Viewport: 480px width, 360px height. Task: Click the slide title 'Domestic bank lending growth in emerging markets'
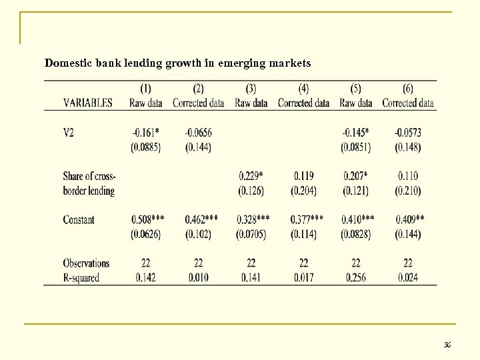pyautogui.click(x=177, y=63)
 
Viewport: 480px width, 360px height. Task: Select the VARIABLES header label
pyautogui.click(x=87, y=103)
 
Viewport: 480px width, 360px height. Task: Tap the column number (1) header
pyautogui.click(x=146, y=89)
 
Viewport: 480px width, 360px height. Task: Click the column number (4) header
pyautogui.click(x=303, y=89)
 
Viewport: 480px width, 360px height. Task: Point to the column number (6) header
pyautogui.click(x=408, y=89)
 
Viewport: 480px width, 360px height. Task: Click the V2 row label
pyautogui.click(x=69, y=133)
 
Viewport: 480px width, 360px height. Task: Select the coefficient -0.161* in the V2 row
pyautogui.click(x=147, y=133)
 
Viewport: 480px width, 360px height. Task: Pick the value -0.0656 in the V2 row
pyautogui.click(x=198, y=133)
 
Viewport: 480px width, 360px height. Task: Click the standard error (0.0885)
pyautogui.click(x=147, y=147)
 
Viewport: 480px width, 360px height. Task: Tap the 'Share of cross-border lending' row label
pyautogui.click(x=89, y=183)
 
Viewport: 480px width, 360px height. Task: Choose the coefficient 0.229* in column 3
pyautogui.click(x=251, y=176)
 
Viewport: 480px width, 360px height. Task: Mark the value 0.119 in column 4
pyautogui.click(x=303, y=176)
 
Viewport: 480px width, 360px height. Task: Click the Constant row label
pyautogui.click(x=79, y=219)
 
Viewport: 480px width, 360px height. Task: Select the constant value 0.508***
pyautogui.click(x=148, y=219)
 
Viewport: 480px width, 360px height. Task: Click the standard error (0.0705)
pyautogui.click(x=251, y=234)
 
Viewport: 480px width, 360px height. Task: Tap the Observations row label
pyautogui.click(x=86, y=263)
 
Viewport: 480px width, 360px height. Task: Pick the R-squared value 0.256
pyautogui.click(x=355, y=277)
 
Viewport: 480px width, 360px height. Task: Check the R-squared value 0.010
pyautogui.click(x=198, y=277)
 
